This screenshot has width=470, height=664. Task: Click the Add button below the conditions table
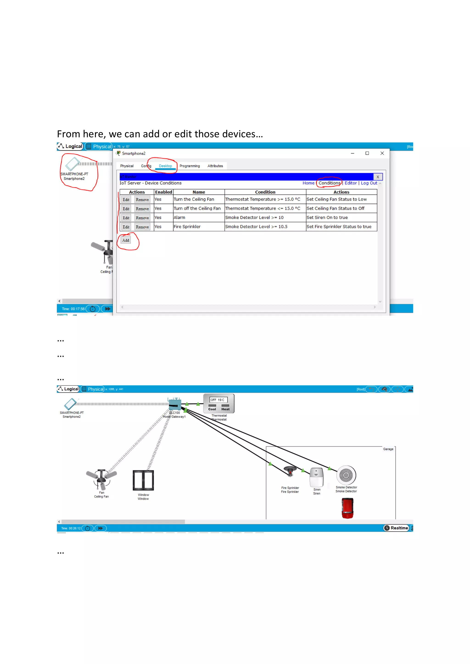126,240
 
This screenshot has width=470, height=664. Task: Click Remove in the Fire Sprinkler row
142,227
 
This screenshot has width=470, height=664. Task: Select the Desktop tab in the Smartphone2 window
165,166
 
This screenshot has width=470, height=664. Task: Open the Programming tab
190,166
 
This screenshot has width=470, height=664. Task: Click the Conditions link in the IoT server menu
329,183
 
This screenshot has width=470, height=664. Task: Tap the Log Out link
369,183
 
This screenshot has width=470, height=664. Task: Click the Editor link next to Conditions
350,183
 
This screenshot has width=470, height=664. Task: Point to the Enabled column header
164,192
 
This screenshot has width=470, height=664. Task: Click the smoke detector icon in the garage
346,475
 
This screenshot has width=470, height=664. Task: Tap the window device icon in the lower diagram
143,480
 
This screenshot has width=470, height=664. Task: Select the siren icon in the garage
316,477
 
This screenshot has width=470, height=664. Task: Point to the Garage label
388,449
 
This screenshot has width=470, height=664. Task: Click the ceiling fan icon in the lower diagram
101,479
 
